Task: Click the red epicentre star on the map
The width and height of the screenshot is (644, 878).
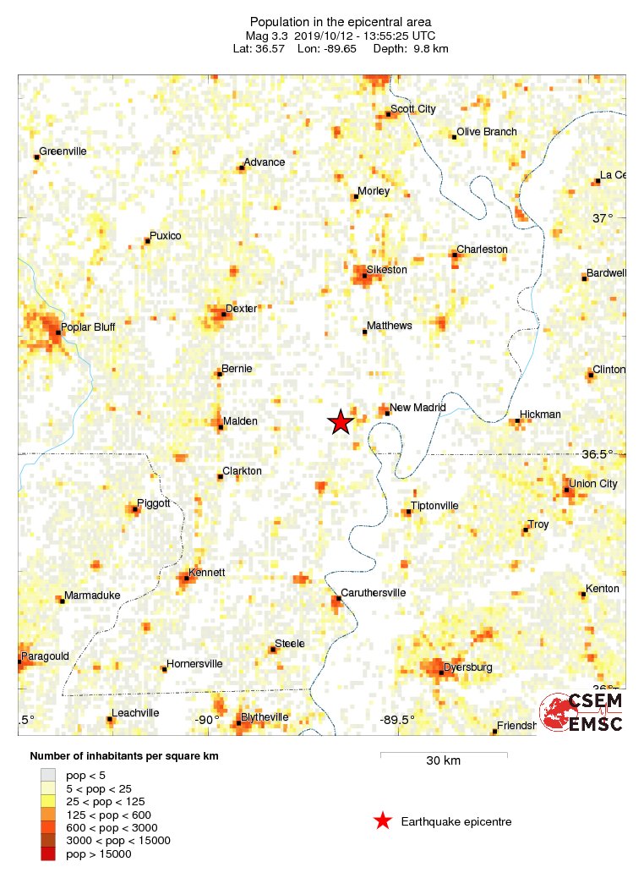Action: point(340,422)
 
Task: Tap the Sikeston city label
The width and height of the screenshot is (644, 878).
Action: point(386,270)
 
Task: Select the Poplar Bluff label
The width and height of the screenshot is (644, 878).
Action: point(88,327)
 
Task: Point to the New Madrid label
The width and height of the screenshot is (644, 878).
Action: point(418,408)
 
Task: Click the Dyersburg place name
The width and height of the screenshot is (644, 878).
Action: point(467,667)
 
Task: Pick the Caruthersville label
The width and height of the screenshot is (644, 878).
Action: point(373,593)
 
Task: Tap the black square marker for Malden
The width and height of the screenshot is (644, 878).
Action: point(220,428)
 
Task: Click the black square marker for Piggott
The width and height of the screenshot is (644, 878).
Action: point(136,509)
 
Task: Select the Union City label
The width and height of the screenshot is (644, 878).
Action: point(593,484)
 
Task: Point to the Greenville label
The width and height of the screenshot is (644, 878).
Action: point(63,151)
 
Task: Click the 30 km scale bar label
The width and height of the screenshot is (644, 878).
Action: point(443,760)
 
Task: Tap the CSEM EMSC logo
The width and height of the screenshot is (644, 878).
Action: point(582,712)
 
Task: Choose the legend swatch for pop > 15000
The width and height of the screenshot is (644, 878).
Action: point(48,854)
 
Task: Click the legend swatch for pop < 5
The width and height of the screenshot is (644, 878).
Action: point(48,775)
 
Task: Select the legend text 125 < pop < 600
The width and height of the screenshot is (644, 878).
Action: point(110,815)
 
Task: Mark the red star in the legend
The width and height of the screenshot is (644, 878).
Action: point(382,820)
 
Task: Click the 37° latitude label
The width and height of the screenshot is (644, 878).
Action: point(603,217)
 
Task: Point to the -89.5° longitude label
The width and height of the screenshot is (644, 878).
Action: point(397,720)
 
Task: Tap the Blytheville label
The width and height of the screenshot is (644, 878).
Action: point(265,716)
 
